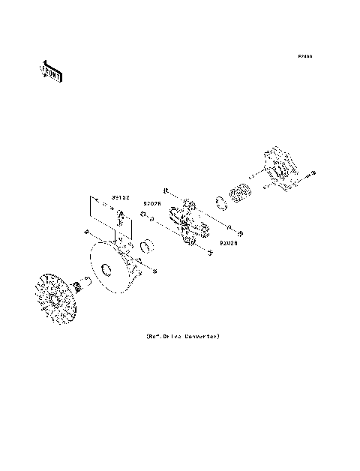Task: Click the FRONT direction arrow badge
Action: tap(51, 70)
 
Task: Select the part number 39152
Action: tap(121, 197)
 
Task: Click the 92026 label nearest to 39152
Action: tap(153, 202)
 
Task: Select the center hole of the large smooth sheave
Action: tap(106, 269)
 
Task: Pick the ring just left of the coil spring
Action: tap(222, 202)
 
